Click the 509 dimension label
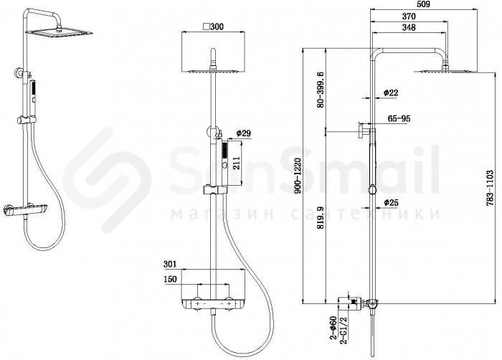coord(424,4)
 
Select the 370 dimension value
coord(409,16)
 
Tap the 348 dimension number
coord(409,27)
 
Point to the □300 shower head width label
coord(214,27)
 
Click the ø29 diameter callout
coord(243,133)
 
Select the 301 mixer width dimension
coord(170,264)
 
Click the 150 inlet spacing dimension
coord(170,279)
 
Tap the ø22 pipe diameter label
coord(391,93)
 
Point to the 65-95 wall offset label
coord(399,118)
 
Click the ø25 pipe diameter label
coord(391,202)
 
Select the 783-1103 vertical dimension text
coord(490,188)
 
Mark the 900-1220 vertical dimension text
coord(298,176)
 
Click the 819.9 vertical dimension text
coord(320,218)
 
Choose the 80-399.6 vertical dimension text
coord(320,90)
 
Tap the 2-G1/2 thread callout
coord(344,331)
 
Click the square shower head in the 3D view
coord(60,32)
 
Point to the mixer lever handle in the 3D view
coord(8,211)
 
